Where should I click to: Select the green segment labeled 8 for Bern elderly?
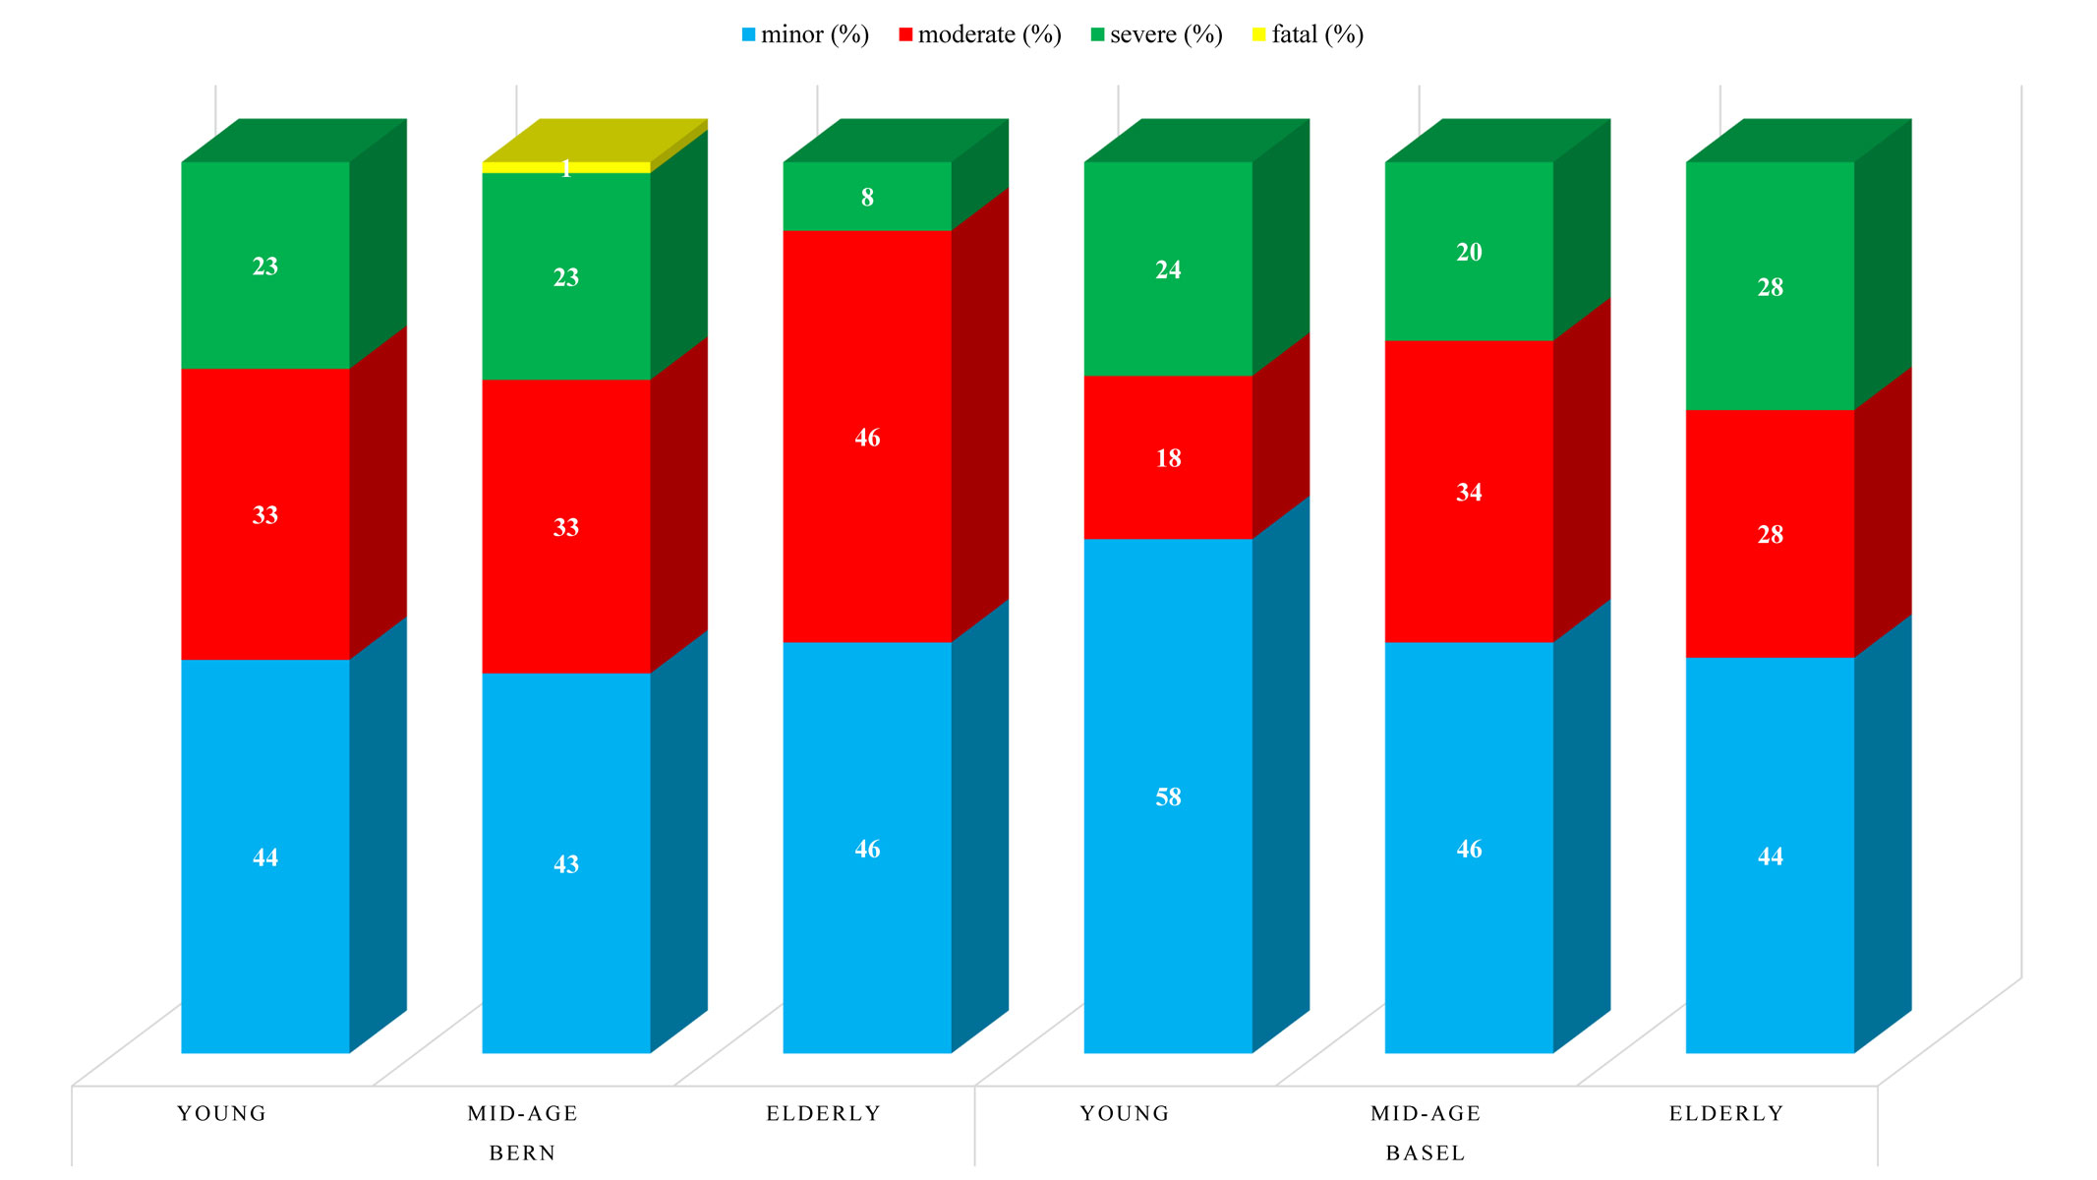point(867,197)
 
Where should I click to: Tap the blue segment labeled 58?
point(1168,796)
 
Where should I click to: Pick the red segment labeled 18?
point(1168,457)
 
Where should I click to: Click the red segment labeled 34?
point(1469,492)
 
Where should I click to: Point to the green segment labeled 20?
point(1469,252)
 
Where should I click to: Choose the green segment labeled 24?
point(1168,268)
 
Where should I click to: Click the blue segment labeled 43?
point(566,863)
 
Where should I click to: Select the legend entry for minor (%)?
point(805,35)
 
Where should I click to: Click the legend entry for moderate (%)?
point(980,35)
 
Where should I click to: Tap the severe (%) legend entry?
point(1156,35)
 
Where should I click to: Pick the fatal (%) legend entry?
point(1308,35)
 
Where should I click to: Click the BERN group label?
point(522,1152)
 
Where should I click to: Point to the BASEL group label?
point(1426,1152)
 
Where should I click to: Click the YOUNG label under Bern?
point(221,1113)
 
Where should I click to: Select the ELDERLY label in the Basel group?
point(1726,1113)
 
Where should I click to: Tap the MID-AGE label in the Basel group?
point(1426,1113)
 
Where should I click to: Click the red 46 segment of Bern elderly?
point(867,438)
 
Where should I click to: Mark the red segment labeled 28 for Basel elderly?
point(1770,534)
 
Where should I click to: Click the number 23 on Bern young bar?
point(265,265)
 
